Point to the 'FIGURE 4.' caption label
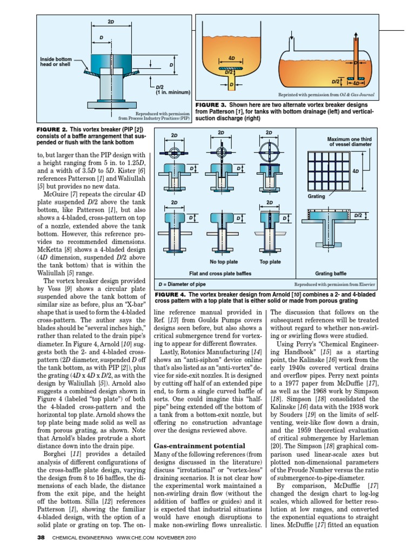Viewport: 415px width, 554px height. point(170,294)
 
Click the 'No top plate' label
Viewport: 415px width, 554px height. point(224,262)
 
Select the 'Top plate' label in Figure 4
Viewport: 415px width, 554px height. point(270,262)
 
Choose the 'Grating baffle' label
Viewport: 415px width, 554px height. point(331,273)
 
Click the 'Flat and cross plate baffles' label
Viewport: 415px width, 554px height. point(220,273)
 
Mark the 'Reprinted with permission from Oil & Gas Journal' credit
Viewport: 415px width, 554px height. point(326,94)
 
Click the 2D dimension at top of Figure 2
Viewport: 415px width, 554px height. point(111,22)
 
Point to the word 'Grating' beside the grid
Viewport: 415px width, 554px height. point(316,197)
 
